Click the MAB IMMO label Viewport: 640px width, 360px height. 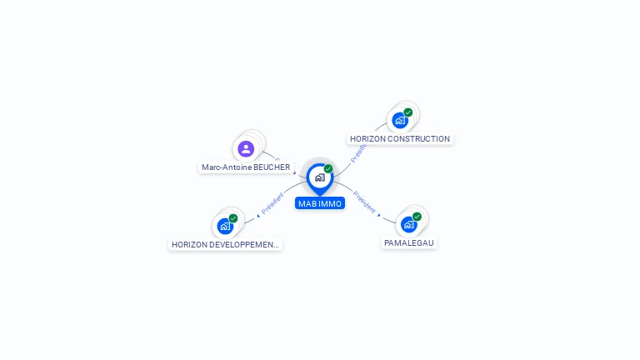(x=319, y=203)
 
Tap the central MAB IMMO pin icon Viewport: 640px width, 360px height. (x=319, y=177)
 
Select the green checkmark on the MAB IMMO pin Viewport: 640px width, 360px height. (x=328, y=168)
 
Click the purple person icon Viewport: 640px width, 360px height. (x=246, y=149)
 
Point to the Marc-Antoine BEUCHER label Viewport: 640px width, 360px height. (x=246, y=167)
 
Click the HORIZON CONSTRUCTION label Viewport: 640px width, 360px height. (x=400, y=139)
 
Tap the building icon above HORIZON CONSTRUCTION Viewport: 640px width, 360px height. (x=400, y=120)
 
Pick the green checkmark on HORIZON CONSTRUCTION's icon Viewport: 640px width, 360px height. (x=408, y=112)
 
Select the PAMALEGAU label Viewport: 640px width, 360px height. (x=409, y=243)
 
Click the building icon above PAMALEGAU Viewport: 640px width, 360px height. (x=408, y=224)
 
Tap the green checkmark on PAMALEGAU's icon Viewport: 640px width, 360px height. (x=417, y=217)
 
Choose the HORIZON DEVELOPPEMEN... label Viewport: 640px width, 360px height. (x=225, y=245)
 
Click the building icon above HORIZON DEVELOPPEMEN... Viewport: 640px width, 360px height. (x=224, y=226)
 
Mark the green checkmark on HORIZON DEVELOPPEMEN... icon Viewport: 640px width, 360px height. (x=233, y=218)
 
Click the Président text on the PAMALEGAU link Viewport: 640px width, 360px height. (x=364, y=201)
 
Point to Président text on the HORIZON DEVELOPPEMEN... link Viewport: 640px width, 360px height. (x=272, y=203)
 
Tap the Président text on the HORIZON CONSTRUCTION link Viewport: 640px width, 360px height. (x=359, y=152)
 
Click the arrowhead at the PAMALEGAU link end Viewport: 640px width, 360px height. (x=379, y=215)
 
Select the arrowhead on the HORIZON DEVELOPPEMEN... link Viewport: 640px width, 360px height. (x=257, y=216)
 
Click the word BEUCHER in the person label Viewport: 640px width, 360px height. (x=271, y=167)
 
